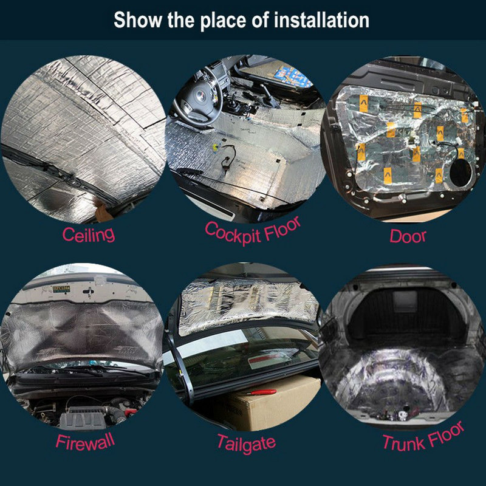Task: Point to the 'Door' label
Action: point(408,235)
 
